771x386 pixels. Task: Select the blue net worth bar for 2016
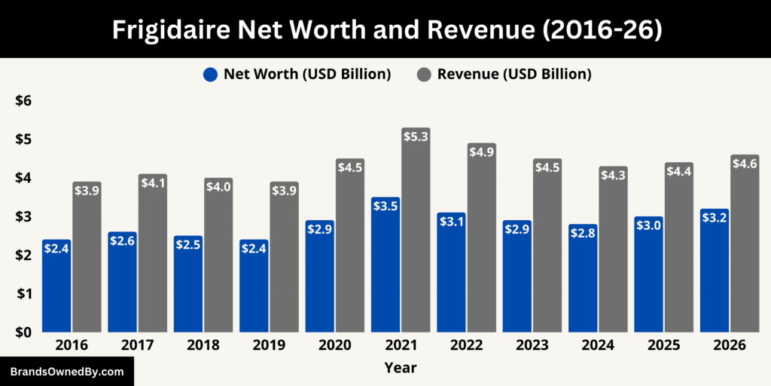tap(56, 290)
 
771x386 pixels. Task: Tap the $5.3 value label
tap(416, 136)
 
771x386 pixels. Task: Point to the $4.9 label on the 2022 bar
tap(481, 152)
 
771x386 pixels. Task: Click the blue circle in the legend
tap(210, 74)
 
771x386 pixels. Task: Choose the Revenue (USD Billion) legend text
tap(514, 74)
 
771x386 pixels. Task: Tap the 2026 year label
tap(730, 345)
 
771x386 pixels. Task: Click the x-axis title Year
tap(400, 367)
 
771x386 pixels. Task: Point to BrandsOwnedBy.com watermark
tap(66, 372)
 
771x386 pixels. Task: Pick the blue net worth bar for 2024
tap(583, 283)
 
